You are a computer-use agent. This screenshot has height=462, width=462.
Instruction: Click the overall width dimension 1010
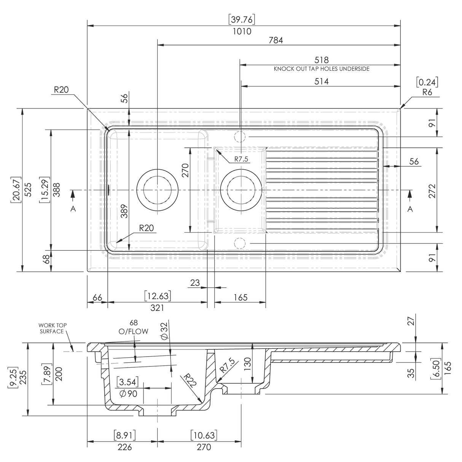point(242,32)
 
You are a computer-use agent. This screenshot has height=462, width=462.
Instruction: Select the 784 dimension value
point(276,40)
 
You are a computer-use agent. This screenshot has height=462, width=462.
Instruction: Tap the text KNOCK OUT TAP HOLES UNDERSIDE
point(322,69)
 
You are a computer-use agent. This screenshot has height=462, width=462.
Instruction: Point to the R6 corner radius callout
point(427,92)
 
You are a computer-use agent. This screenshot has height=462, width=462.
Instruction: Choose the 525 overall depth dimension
point(28,189)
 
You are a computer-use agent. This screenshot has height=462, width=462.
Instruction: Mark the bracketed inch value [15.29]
point(45,189)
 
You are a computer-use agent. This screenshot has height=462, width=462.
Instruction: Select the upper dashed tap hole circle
point(240,136)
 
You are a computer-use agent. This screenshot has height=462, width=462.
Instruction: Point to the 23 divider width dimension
point(195,283)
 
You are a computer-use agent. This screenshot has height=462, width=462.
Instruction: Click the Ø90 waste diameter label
point(128,393)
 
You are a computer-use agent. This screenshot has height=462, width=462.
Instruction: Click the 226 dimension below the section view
point(124,447)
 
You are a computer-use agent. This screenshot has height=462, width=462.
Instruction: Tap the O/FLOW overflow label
point(133,331)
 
